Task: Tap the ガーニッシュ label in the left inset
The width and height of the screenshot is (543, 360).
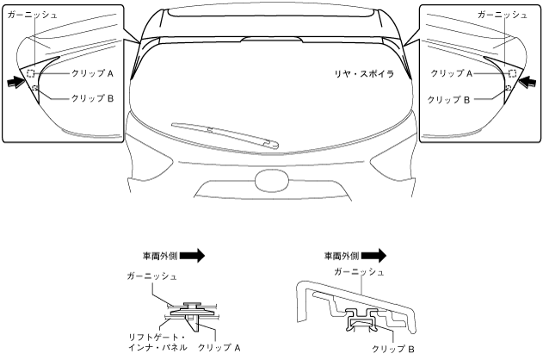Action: pyautogui.click(x=32, y=16)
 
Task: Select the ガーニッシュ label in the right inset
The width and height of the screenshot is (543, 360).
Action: pyautogui.click(x=503, y=16)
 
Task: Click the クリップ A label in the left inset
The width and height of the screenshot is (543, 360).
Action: pyautogui.click(x=92, y=75)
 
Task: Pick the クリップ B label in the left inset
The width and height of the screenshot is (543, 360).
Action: pyautogui.click(x=92, y=98)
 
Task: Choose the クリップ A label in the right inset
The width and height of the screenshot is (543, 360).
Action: pyautogui.click(x=451, y=75)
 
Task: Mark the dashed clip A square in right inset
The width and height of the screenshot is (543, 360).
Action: pyautogui.click(x=512, y=74)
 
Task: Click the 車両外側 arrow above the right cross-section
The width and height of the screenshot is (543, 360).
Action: pyautogui.click(x=374, y=255)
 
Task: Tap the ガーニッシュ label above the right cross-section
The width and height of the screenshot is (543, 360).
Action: pyautogui.click(x=361, y=272)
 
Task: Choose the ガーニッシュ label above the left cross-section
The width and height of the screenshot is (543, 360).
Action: pyautogui.click(x=151, y=276)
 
